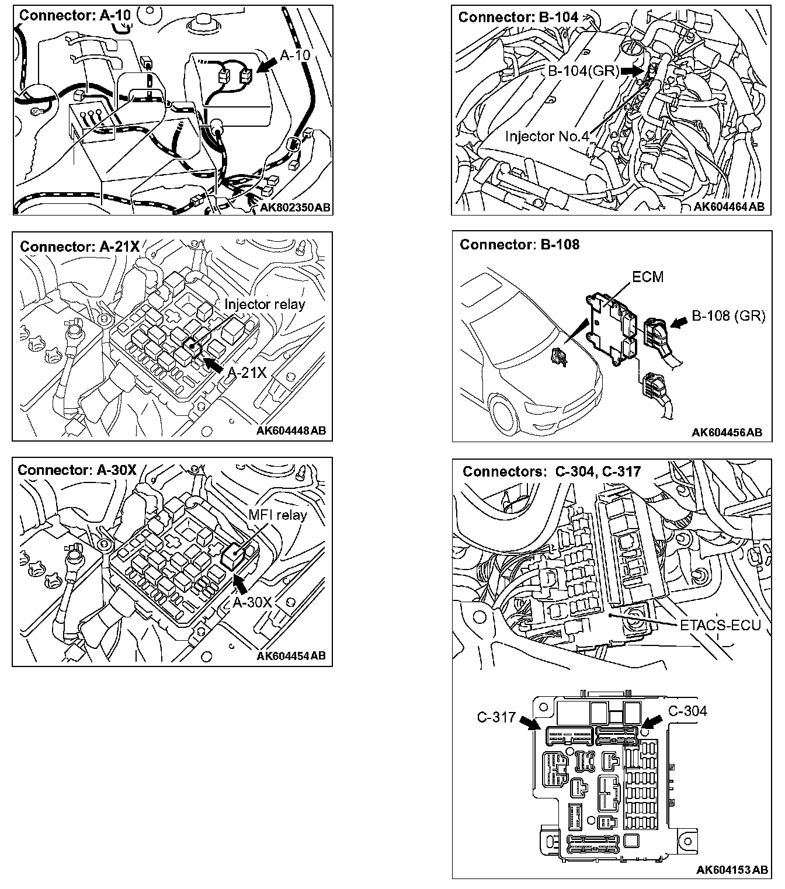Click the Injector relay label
click(x=265, y=304)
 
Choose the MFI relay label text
click(x=277, y=515)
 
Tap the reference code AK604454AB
click(x=291, y=656)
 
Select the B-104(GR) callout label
click(x=583, y=71)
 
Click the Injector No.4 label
click(x=547, y=136)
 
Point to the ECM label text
click(x=648, y=276)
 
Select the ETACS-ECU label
click(x=720, y=625)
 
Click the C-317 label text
click(x=496, y=716)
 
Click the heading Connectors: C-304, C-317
click(x=551, y=471)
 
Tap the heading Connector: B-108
click(x=519, y=244)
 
